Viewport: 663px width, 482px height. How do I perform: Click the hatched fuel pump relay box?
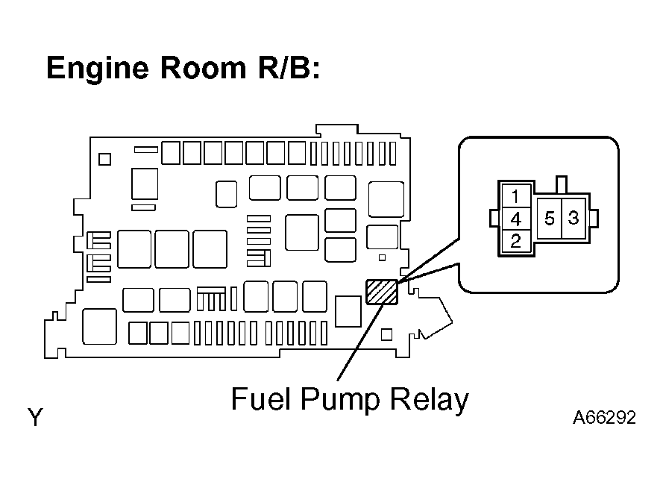point(382,292)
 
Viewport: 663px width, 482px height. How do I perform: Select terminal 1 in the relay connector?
point(516,196)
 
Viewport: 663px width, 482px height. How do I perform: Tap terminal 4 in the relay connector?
point(516,219)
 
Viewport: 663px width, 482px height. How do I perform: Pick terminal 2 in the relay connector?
point(516,241)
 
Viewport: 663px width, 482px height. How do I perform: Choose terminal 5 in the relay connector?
point(549,219)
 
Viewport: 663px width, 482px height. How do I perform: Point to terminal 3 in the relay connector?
point(574,219)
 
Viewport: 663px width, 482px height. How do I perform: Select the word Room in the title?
point(203,68)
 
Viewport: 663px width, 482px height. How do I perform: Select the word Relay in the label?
point(429,401)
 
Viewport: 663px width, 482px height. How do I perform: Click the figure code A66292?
point(604,418)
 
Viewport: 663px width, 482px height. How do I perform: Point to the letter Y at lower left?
point(36,417)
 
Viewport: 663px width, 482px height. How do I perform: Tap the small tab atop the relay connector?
point(561,185)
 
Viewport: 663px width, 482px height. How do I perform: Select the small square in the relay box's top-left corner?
point(104,159)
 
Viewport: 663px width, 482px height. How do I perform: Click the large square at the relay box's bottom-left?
point(100,326)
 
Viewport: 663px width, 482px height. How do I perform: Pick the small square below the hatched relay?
point(386,335)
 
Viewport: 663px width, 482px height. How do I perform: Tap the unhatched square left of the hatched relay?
point(348,311)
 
